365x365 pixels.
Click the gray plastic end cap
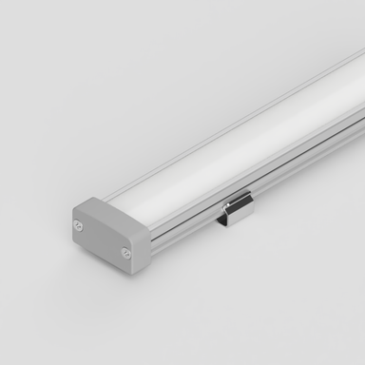click(105, 233)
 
